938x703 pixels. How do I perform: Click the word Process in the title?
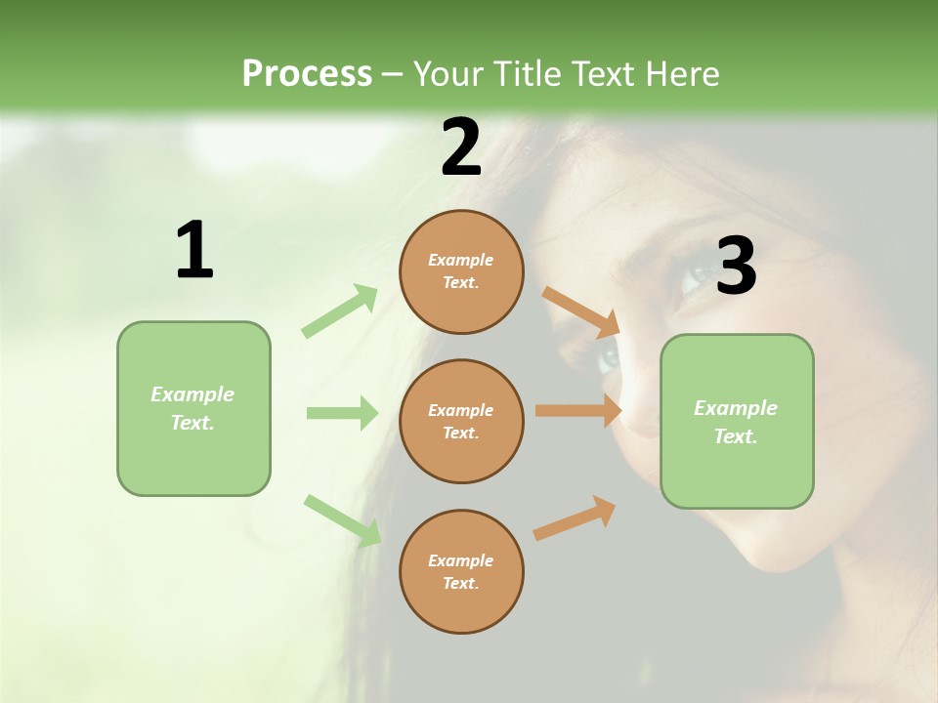pyautogui.click(x=307, y=74)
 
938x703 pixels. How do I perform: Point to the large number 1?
pyautogui.click(x=194, y=251)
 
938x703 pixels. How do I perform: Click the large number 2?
pyautogui.click(x=461, y=147)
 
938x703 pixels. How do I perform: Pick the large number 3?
pyautogui.click(x=736, y=267)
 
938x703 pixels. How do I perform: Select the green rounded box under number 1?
pyautogui.click(x=193, y=408)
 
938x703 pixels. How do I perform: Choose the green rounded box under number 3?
pyautogui.click(x=737, y=422)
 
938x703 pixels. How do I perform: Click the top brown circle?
pyautogui.click(x=461, y=271)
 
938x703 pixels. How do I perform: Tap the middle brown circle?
pyautogui.click(x=461, y=422)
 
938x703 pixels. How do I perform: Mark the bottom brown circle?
pyautogui.click(x=461, y=572)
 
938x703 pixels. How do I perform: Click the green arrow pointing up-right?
pyautogui.click(x=340, y=311)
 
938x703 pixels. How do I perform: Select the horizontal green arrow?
pyautogui.click(x=342, y=413)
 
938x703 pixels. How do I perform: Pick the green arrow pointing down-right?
pyautogui.click(x=342, y=519)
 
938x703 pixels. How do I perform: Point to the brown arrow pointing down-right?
pyautogui.click(x=580, y=310)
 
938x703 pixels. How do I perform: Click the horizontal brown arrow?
pyautogui.click(x=578, y=411)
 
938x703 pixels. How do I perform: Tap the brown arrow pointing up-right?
pyautogui.click(x=575, y=517)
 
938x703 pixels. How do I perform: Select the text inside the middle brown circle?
pyautogui.click(x=461, y=422)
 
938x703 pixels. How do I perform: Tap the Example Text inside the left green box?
pyautogui.click(x=192, y=408)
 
